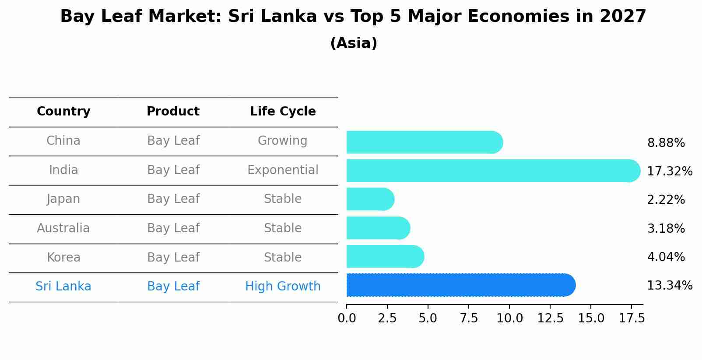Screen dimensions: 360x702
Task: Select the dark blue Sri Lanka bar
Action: click(x=460, y=285)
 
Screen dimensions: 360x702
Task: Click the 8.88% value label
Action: click(x=666, y=143)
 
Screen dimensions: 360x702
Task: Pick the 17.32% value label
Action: click(x=669, y=171)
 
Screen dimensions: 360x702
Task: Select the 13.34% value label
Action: click(x=669, y=286)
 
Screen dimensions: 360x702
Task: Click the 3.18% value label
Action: click(x=666, y=228)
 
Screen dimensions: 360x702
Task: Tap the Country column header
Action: click(x=63, y=112)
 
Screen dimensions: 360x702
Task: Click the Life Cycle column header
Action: click(x=283, y=112)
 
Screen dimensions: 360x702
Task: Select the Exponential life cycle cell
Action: click(x=283, y=170)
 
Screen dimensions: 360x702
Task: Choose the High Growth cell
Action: click(x=283, y=287)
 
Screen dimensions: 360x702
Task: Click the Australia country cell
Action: click(x=63, y=228)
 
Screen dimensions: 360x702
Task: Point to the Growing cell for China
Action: click(x=283, y=141)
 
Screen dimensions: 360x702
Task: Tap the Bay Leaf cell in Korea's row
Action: click(x=173, y=257)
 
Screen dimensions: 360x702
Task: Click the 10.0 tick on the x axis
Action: click(x=509, y=318)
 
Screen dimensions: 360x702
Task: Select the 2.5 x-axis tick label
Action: click(x=387, y=318)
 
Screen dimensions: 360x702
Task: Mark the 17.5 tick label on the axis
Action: click(x=632, y=318)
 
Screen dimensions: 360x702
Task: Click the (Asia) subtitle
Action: click(x=354, y=43)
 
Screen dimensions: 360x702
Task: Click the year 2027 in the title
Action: click(x=623, y=17)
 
